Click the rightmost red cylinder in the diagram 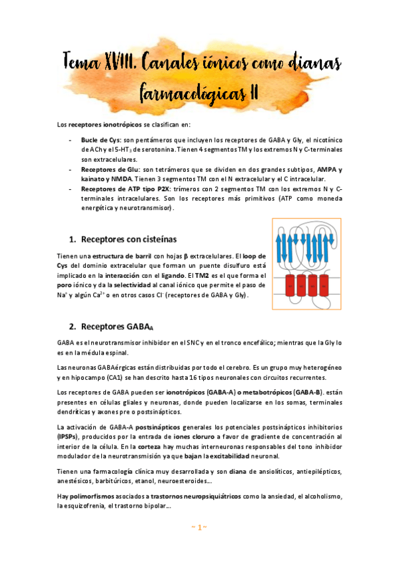pyautogui.click(x=324, y=285)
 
